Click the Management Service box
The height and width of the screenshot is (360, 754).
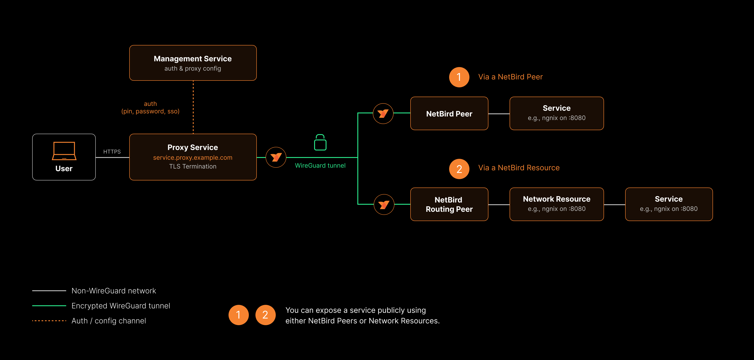(x=193, y=63)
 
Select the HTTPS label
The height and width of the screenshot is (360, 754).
(x=112, y=152)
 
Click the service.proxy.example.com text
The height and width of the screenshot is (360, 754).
(x=193, y=157)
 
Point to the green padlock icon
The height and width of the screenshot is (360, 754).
(x=320, y=142)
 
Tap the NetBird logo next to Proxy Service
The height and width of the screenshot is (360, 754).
(x=276, y=157)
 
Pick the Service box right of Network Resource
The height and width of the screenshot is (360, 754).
(x=669, y=204)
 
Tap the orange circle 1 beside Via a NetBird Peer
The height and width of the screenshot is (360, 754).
(x=459, y=77)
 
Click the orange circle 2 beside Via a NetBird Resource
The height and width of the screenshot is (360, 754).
(x=459, y=169)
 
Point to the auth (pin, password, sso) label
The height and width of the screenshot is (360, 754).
(x=150, y=108)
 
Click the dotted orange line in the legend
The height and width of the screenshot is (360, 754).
(x=49, y=321)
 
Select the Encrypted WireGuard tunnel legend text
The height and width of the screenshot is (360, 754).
(x=121, y=306)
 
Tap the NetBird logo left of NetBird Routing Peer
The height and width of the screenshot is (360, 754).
(x=384, y=204)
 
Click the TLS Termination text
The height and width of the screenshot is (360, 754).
(x=193, y=167)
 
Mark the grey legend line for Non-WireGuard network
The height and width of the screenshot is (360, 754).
(x=49, y=291)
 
